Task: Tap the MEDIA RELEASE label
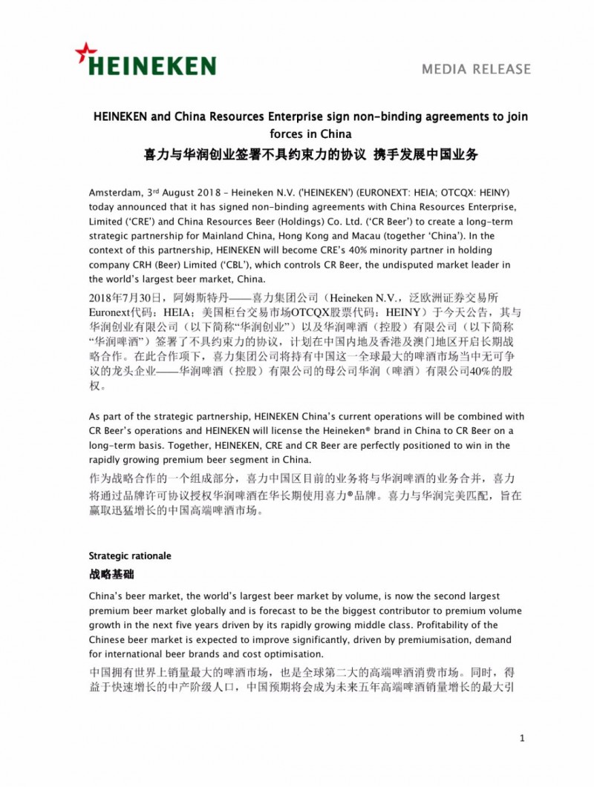[476, 69]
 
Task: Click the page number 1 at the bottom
[523, 738]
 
